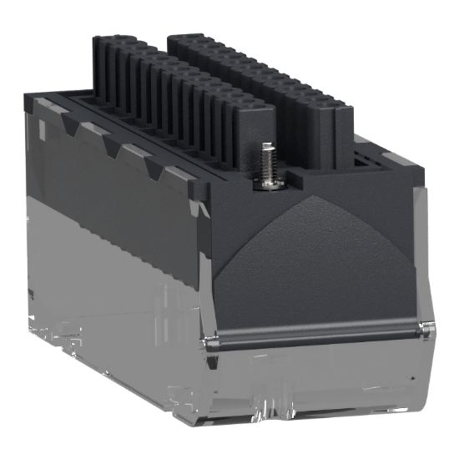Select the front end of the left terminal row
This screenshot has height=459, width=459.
point(250,125)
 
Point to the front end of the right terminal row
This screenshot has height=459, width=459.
point(334,125)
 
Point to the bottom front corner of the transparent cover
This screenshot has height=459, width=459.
point(209,426)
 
